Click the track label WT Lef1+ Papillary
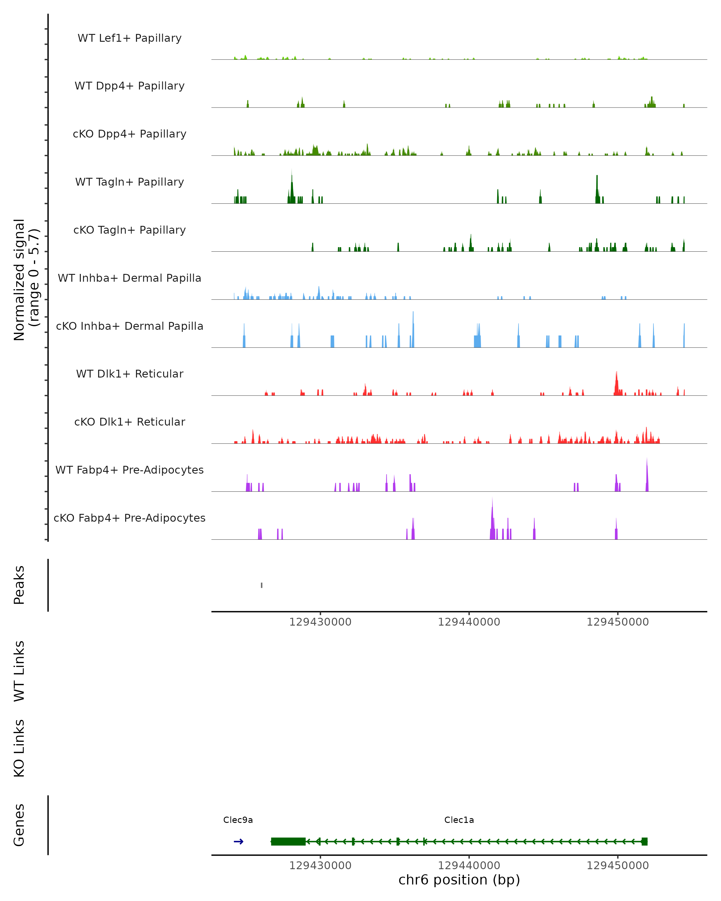click(129, 38)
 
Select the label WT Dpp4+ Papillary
click(129, 86)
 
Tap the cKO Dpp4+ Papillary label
click(129, 134)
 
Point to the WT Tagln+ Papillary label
click(129, 182)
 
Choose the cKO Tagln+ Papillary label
click(129, 230)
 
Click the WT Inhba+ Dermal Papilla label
click(129, 278)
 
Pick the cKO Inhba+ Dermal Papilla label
click(129, 326)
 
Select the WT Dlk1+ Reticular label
click(129, 374)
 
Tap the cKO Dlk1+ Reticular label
click(129, 422)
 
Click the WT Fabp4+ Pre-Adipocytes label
click(129, 470)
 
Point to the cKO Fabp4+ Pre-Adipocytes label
click(129, 518)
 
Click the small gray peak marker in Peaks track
click(262, 585)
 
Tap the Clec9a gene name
click(238, 820)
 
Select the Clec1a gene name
click(459, 820)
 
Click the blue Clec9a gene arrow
click(239, 842)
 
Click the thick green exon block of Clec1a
click(288, 842)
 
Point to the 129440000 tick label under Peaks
click(469, 622)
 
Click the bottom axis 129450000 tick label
click(617, 866)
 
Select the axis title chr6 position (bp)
click(459, 880)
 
